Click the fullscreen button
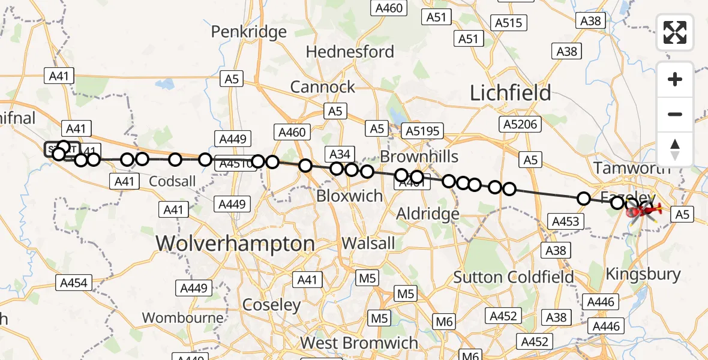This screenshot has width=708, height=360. click(x=675, y=32)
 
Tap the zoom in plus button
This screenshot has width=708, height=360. click(x=675, y=79)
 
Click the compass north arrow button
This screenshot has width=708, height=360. click(x=675, y=149)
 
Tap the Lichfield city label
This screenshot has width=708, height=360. click(x=510, y=92)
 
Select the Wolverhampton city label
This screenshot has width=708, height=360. click(x=235, y=244)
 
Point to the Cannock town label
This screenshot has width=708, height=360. click(x=323, y=87)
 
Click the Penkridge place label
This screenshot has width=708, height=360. click(x=249, y=31)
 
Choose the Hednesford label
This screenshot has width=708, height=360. click(x=350, y=52)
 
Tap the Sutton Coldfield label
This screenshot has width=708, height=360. click(x=514, y=277)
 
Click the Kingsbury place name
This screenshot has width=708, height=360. click(x=643, y=274)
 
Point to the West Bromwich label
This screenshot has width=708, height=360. click(x=359, y=343)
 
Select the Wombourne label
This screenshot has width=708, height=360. click(x=183, y=317)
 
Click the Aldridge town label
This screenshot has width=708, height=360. click(x=428, y=214)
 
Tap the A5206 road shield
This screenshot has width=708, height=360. click(x=520, y=124)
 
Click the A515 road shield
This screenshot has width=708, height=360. click(x=509, y=23)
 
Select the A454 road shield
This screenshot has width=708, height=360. click(x=74, y=283)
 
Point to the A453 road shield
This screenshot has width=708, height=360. click(x=565, y=221)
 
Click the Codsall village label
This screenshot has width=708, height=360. click(x=172, y=181)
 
